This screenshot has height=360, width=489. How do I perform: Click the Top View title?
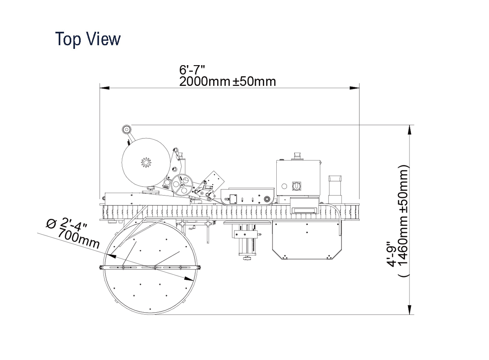click(88, 39)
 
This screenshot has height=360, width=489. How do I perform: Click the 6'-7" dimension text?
click(192, 70)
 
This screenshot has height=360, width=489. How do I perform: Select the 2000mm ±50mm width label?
click(227, 81)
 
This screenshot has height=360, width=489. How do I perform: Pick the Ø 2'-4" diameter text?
click(67, 226)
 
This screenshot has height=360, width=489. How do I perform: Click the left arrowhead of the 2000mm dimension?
click(105, 88)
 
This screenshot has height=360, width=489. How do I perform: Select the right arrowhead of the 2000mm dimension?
click(354, 88)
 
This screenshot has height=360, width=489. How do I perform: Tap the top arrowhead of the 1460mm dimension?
click(410, 130)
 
